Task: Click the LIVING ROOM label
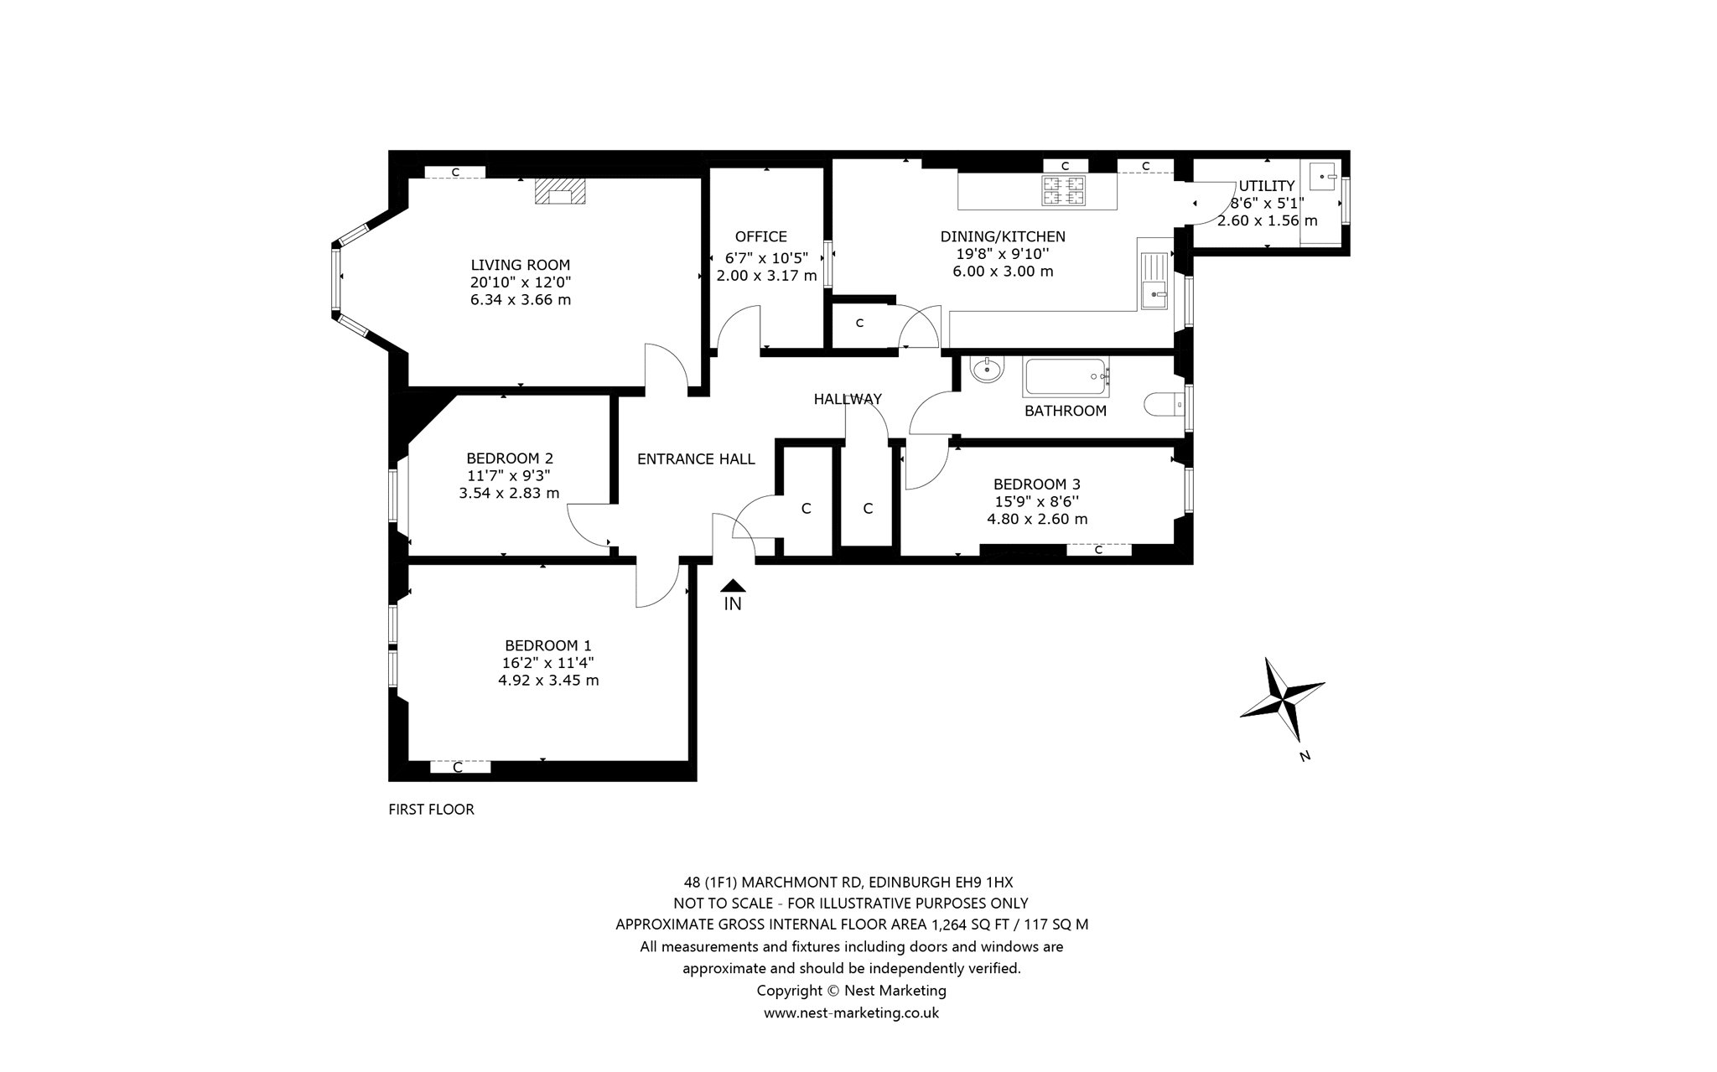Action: pos(520,265)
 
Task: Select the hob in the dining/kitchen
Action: pos(1063,190)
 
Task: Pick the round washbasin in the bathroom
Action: pos(988,369)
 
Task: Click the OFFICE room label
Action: pos(761,237)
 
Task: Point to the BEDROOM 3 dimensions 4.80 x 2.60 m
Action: pos(1037,519)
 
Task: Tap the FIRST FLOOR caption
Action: pos(431,810)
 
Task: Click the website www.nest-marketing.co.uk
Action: pos(851,1012)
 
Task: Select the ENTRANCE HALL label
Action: pos(696,459)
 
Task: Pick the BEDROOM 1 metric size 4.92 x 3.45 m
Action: pos(548,681)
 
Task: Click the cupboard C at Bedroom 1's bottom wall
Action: pos(459,767)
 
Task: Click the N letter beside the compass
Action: pos(1305,756)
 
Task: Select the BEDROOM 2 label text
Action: pos(510,458)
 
